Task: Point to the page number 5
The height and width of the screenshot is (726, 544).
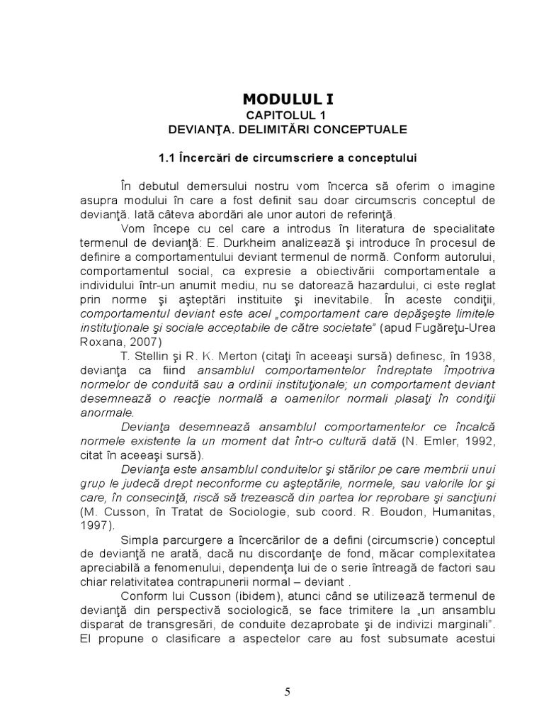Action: tap(287, 693)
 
